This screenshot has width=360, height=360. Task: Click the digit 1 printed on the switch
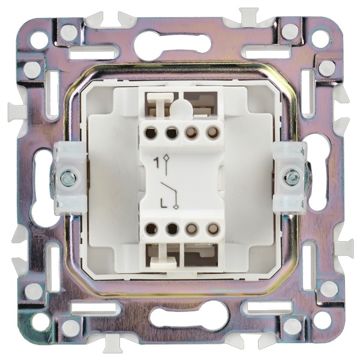(x=157, y=163)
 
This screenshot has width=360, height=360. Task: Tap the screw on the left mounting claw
(x=68, y=177)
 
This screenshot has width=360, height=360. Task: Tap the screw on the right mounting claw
(x=291, y=177)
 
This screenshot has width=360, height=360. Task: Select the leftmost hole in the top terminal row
(x=151, y=133)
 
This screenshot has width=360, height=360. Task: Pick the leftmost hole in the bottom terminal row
(x=151, y=229)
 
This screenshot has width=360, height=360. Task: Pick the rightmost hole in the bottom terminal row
(x=213, y=228)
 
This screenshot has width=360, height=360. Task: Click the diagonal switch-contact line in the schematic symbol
(x=169, y=188)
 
